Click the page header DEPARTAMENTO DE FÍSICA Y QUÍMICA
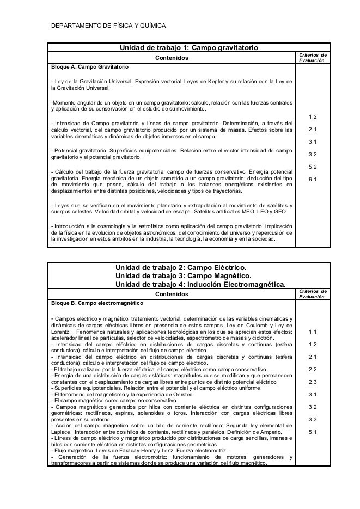click(x=107, y=26)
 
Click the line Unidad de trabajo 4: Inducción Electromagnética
click(x=200, y=285)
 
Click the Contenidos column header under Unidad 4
click(x=172, y=294)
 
